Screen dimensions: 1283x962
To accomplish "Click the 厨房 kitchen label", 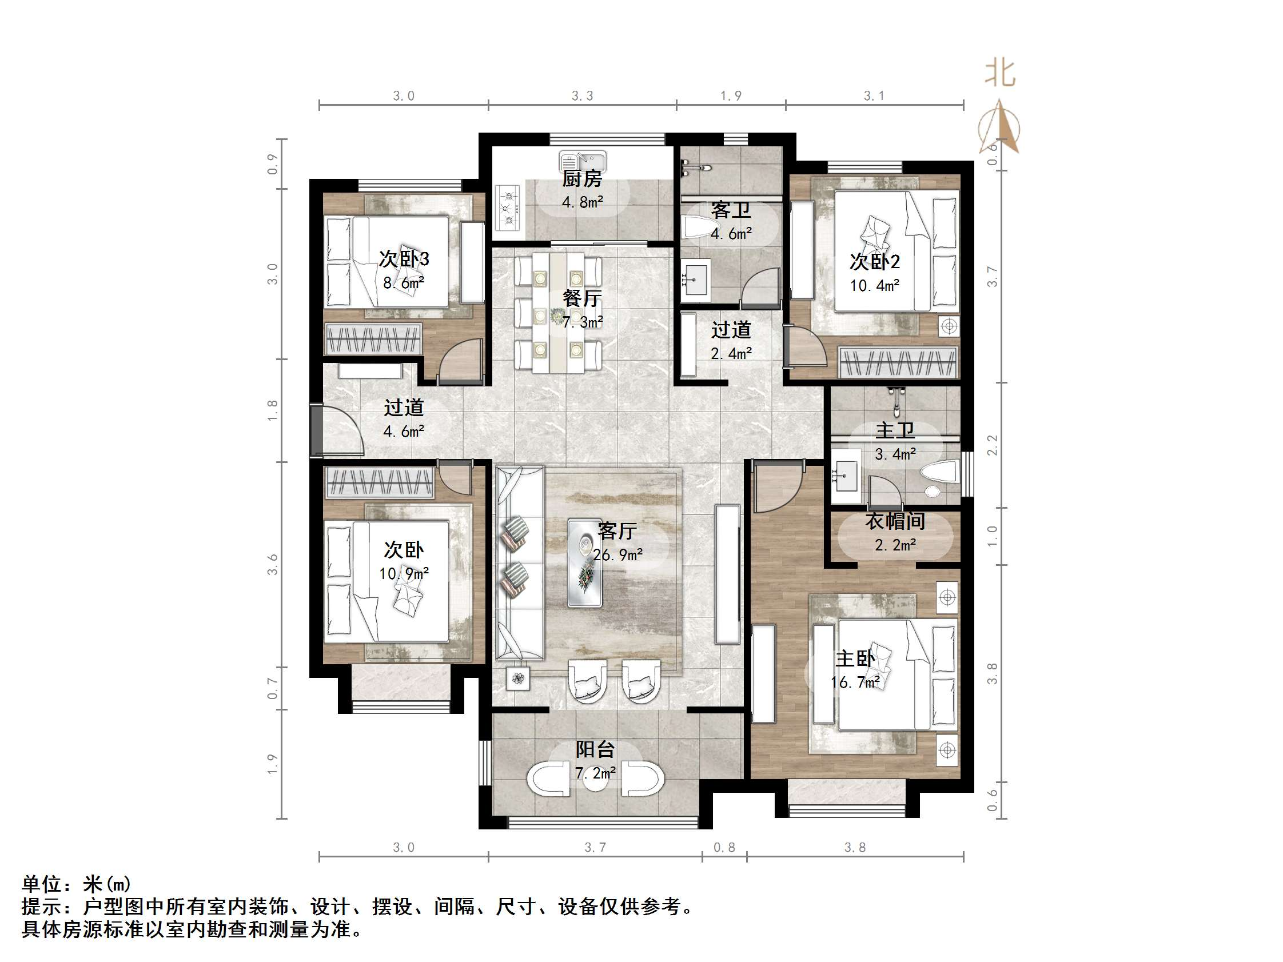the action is pyautogui.click(x=582, y=178).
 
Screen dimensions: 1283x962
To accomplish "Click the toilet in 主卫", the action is pyautogui.click(x=938, y=471).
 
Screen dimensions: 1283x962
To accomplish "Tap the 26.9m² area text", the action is pyautogui.click(x=617, y=555).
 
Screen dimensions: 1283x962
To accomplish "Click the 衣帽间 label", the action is pyautogui.click(x=895, y=521).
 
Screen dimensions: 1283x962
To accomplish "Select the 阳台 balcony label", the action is pyautogui.click(x=595, y=749).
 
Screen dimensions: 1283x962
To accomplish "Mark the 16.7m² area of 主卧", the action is pyautogui.click(x=855, y=682).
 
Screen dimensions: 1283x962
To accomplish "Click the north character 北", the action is pyautogui.click(x=1000, y=73).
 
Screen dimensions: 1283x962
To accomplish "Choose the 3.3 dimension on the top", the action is pyautogui.click(x=583, y=95).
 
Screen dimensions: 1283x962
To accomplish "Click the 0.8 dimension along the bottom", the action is pyautogui.click(x=724, y=848).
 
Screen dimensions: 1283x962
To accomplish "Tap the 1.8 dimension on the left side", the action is pyautogui.click(x=273, y=410).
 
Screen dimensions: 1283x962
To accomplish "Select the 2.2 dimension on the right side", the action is pyautogui.click(x=993, y=445).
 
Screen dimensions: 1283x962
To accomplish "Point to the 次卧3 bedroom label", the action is pyautogui.click(x=404, y=258).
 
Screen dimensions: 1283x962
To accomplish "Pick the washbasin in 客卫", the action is pyautogui.click(x=695, y=281).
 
